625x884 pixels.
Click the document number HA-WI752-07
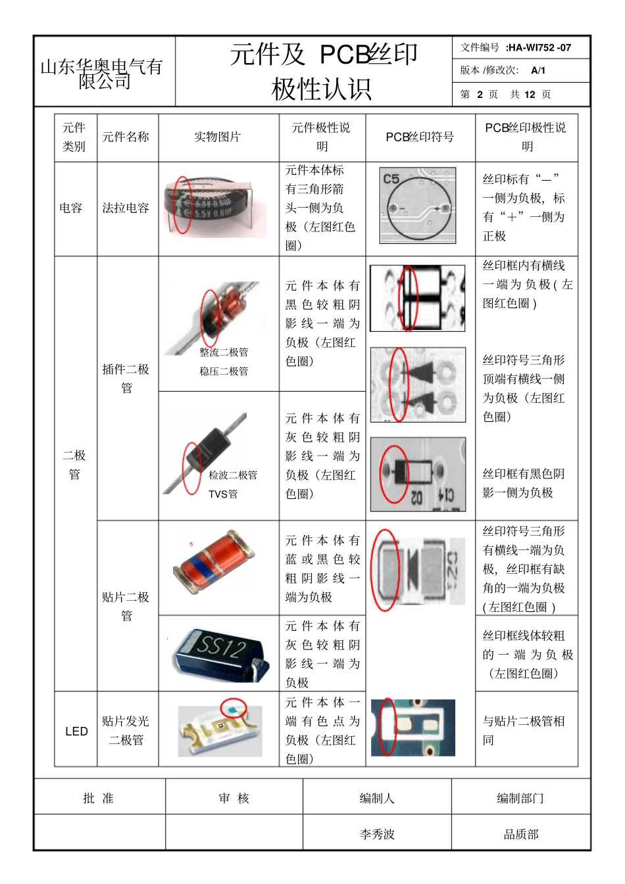tap(539, 47)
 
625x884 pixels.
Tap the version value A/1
tap(537, 70)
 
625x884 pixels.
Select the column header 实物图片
tap(217, 137)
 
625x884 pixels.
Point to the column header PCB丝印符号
tap(419, 137)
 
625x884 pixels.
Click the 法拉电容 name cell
tap(125, 208)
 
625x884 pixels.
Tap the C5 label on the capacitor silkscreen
tap(391, 179)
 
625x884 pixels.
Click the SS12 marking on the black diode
tap(220, 647)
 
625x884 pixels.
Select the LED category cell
tap(76, 731)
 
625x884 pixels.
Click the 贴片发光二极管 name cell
tap(126, 730)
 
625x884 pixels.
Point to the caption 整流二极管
tap(224, 352)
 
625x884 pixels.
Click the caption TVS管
tap(223, 494)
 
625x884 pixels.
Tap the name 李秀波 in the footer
tap(377, 834)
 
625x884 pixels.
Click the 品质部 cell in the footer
tap(521, 834)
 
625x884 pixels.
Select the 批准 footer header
tap(99, 798)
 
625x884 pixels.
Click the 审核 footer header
tap(234, 798)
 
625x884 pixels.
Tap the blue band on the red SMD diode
tap(205, 564)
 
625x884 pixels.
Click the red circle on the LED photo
tap(234, 709)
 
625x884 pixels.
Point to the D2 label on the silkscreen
tap(417, 498)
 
